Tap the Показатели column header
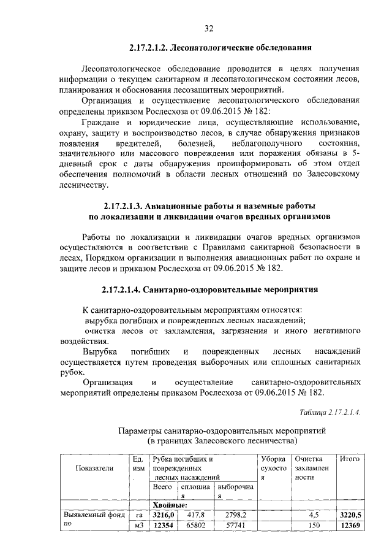[94, 469]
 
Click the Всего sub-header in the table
[162, 487]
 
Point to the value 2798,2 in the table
[233, 515]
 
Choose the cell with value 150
[314, 526]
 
